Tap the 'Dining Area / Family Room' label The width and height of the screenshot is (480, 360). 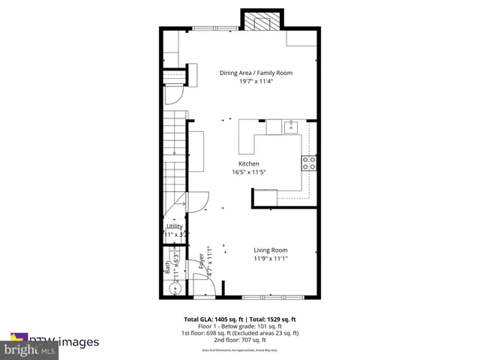(256, 73)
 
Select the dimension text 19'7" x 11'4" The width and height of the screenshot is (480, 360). (256, 82)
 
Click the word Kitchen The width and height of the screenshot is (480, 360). (249, 163)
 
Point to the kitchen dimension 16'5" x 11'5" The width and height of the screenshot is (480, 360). (249, 172)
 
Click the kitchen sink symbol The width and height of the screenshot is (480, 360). (290, 127)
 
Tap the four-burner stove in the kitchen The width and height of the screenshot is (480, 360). (308, 162)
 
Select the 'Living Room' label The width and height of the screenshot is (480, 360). (270, 250)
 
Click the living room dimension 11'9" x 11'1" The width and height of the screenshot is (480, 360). (270, 259)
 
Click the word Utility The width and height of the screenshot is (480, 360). (174, 226)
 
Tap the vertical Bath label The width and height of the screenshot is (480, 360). (167, 265)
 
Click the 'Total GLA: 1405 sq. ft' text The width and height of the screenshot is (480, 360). (212, 319)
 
